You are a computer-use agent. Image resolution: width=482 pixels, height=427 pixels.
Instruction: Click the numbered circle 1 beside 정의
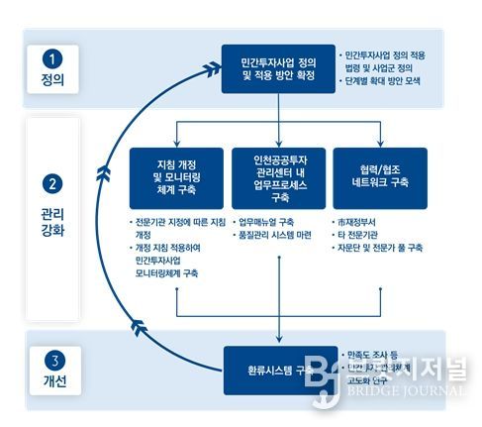point(52,58)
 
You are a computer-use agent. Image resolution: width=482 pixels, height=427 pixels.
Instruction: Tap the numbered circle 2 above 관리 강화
point(52,184)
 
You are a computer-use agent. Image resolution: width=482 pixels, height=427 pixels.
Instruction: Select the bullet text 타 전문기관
point(362,236)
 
